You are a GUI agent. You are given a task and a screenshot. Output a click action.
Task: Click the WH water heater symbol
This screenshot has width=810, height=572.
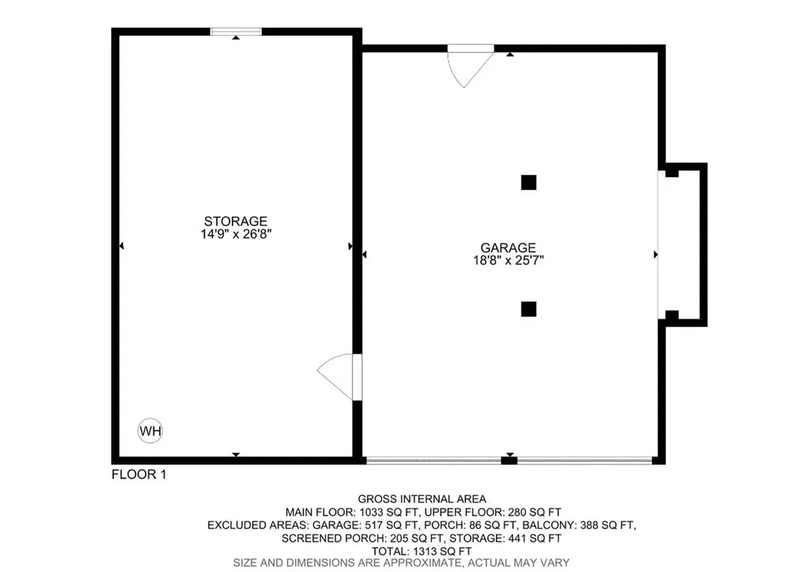pyautogui.click(x=150, y=431)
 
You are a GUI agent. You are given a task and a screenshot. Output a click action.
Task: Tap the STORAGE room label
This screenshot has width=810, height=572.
pyautogui.click(x=236, y=221)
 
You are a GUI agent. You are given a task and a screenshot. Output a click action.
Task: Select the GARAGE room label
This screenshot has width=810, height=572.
pyautogui.click(x=509, y=247)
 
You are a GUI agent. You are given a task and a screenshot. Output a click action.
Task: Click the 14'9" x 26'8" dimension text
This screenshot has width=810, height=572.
pyautogui.click(x=236, y=234)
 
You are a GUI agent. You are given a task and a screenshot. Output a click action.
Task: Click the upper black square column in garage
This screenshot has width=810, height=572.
pyautogui.click(x=528, y=182)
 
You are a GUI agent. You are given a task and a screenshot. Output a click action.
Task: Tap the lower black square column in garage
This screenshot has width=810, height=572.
pyautogui.click(x=528, y=309)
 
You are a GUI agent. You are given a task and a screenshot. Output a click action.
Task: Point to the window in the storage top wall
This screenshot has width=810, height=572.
pyautogui.click(x=236, y=32)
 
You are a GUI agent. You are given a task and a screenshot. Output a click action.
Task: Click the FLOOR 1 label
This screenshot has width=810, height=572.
pyautogui.click(x=139, y=475)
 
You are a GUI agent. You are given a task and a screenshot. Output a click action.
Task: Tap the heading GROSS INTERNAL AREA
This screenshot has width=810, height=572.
pyautogui.click(x=422, y=498)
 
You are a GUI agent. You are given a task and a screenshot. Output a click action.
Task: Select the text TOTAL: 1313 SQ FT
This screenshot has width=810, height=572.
pyautogui.click(x=422, y=551)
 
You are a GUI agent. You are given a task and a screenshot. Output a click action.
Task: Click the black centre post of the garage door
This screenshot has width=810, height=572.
pyautogui.click(x=510, y=459)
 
